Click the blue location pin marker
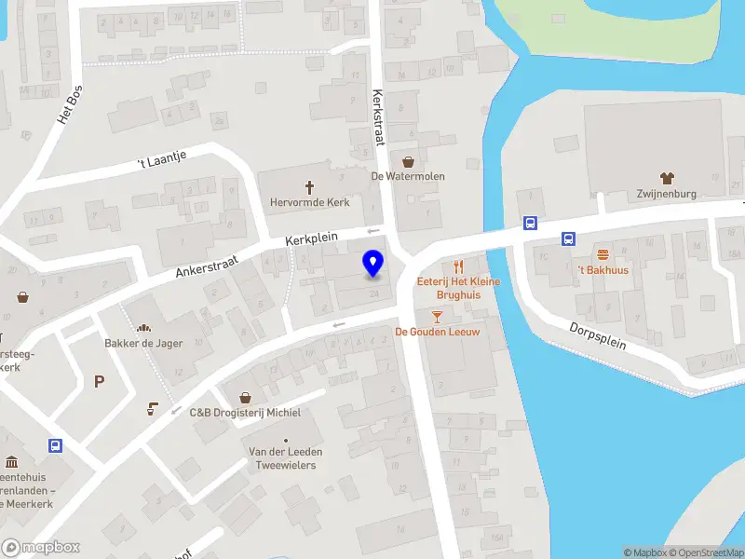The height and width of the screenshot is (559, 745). coord(372,265)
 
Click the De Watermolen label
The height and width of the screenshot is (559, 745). coord(408,176)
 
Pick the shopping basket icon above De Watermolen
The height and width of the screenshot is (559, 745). coord(408,160)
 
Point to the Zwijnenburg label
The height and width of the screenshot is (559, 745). coord(668,195)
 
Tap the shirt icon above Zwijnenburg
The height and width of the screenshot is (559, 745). coord(667,177)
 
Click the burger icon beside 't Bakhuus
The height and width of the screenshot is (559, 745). coord(603,253)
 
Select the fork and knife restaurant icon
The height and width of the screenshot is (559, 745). coord(458,266)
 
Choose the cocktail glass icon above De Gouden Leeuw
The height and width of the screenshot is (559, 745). coord(437,317)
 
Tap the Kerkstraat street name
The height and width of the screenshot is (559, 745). coord(378,117)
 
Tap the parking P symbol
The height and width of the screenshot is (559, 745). coord(99,381)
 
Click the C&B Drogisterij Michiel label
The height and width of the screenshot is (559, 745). coord(245,412)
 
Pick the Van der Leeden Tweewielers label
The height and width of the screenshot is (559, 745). coord(285,457)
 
